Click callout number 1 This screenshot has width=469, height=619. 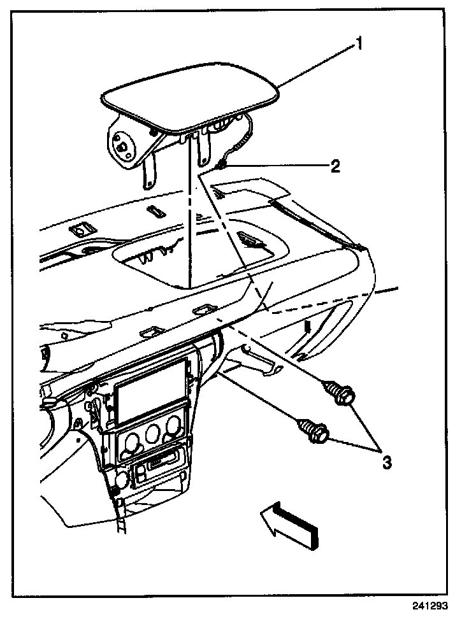[x=359, y=45]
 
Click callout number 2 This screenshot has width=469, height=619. [x=335, y=167]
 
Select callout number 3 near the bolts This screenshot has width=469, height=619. [x=386, y=462]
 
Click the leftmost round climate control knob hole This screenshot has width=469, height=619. [x=132, y=440]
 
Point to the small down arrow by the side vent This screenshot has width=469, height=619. [x=308, y=329]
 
